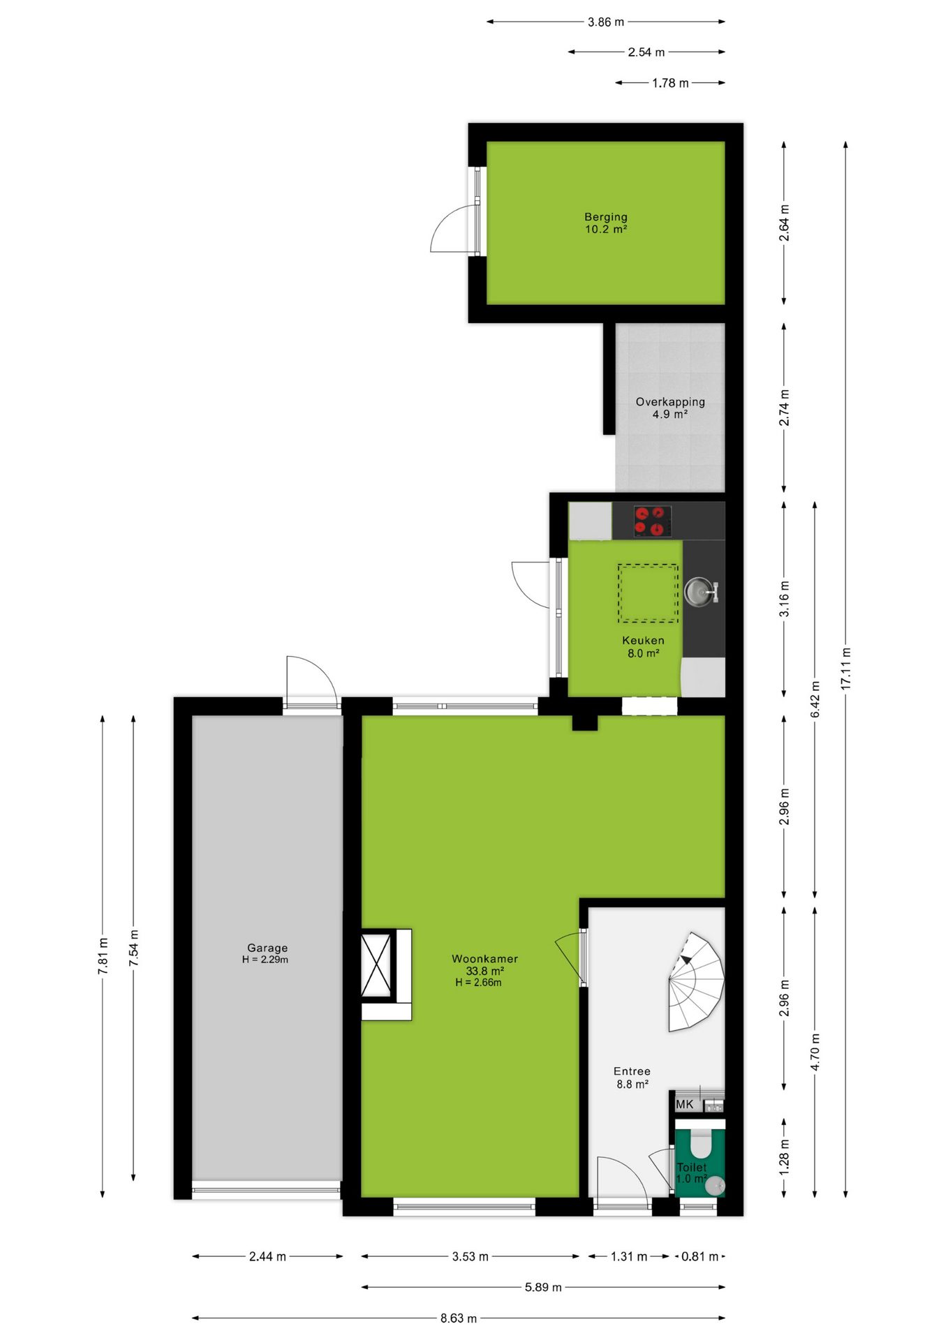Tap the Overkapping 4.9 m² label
[670, 408]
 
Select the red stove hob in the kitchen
[653, 521]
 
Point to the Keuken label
[643, 640]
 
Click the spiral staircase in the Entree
[696, 981]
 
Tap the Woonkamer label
[484, 959]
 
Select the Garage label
[267, 948]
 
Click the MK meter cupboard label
[685, 1104]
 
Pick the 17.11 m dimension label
[846, 669]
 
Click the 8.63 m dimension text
[459, 1318]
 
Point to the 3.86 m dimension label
[606, 22]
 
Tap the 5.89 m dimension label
[543, 1287]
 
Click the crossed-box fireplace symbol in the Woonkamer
[376, 966]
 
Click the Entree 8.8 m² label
[632, 1078]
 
